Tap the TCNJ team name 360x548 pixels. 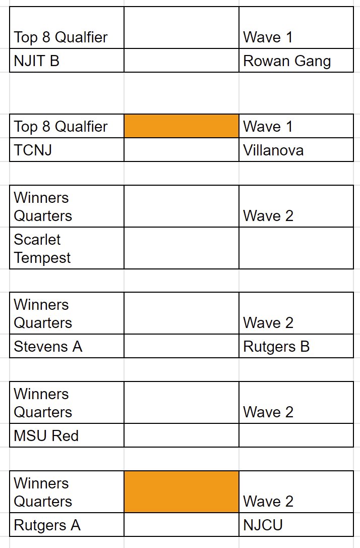click(33, 150)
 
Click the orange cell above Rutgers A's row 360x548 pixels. click(182, 492)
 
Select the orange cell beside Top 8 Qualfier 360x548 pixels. click(182, 126)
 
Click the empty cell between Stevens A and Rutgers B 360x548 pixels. click(182, 347)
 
